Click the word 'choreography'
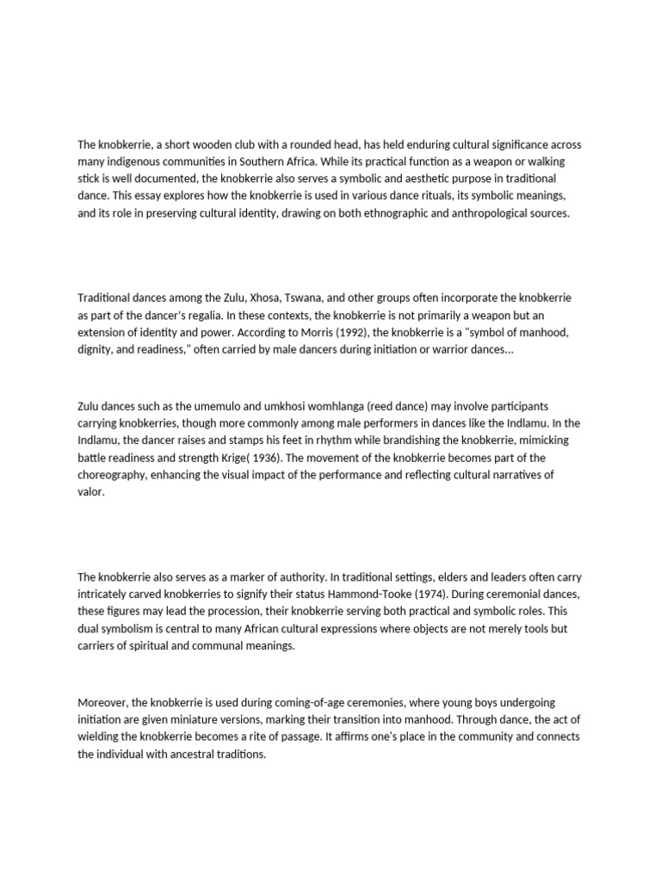coord(114,475)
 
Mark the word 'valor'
coord(90,492)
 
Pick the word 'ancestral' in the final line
coord(195,755)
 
